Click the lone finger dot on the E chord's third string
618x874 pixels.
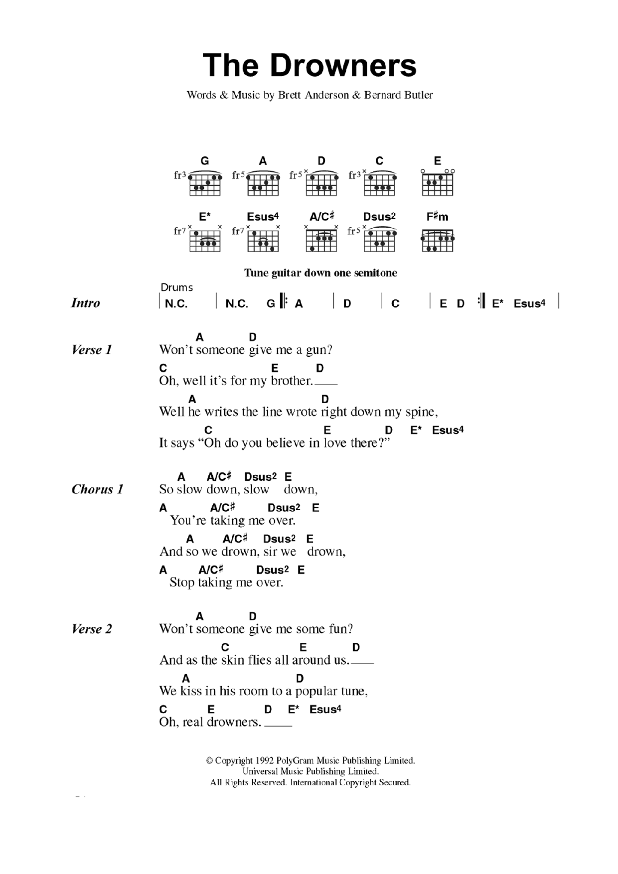pyautogui.click(x=441, y=176)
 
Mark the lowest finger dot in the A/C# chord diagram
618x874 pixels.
pyautogui.click(x=312, y=248)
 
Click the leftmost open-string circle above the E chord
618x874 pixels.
pyautogui.click(x=423, y=171)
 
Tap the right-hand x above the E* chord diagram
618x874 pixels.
pyautogui.click(x=220, y=227)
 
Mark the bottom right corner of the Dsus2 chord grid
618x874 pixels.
pyautogui.click(x=395, y=252)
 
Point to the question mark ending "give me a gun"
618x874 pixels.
pyautogui.click(x=329, y=350)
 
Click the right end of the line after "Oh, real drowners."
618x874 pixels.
pyautogui.click(x=292, y=726)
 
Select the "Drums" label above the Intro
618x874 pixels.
pyautogui.click(x=176, y=288)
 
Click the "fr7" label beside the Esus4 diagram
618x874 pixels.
pyautogui.click(x=238, y=231)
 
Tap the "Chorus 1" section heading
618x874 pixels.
pyautogui.click(x=97, y=489)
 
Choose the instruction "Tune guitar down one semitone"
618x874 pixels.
pyautogui.click(x=320, y=273)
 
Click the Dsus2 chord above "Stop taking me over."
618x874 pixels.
pyautogui.click(x=273, y=570)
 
